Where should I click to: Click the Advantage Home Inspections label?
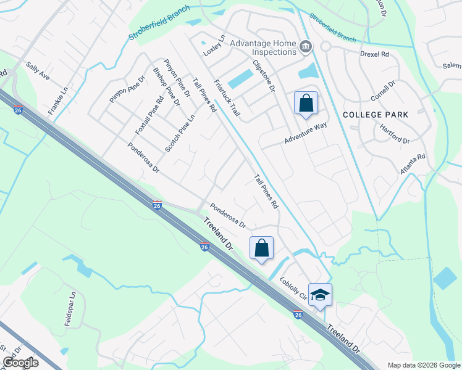coord(264,47)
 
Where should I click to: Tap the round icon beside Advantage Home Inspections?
coord(305,47)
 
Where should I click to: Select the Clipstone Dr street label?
coord(263,76)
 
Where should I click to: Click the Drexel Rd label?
coord(375,54)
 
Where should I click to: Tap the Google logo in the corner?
coord(20,363)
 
